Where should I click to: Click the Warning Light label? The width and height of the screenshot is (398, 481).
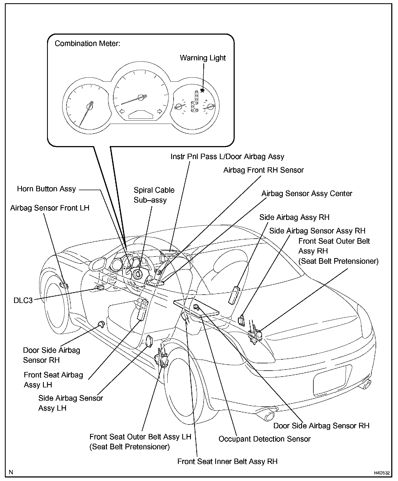[x=203, y=58]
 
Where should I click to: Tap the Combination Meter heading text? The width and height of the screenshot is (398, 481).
[x=87, y=44]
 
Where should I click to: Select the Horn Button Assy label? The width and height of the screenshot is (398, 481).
[x=47, y=189]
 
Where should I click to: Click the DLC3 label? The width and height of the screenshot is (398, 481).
[x=23, y=301]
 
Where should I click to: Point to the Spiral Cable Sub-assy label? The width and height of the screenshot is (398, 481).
[x=154, y=195]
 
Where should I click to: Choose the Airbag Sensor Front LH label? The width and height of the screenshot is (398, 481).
[x=50, y=208]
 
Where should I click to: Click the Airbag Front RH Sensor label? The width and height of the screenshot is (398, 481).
[x=263, y=170]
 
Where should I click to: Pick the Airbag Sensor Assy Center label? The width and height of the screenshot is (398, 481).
[x=307, y=194]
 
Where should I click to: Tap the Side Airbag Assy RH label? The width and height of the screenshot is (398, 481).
[x=294, y=218]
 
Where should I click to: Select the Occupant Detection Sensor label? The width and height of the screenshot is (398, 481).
[x=264, y=439]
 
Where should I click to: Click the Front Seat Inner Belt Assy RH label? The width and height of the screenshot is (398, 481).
[x=227, y=461]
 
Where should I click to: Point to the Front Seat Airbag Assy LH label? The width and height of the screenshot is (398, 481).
[x=53, y=380]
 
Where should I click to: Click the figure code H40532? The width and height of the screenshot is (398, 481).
[x=382, y=473]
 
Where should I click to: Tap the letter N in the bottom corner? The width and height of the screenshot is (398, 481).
[x=11, y=472]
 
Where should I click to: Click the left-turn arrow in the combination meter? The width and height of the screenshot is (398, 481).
[x=122, y=111]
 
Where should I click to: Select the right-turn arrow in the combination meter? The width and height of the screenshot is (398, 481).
[x=160, y=111]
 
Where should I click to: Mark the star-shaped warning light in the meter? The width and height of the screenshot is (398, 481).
[x=202, y=90]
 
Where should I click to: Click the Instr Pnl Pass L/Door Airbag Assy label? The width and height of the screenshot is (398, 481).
[x=227, y=157]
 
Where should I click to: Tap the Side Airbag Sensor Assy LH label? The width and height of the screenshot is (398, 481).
[x=71, y=403]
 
